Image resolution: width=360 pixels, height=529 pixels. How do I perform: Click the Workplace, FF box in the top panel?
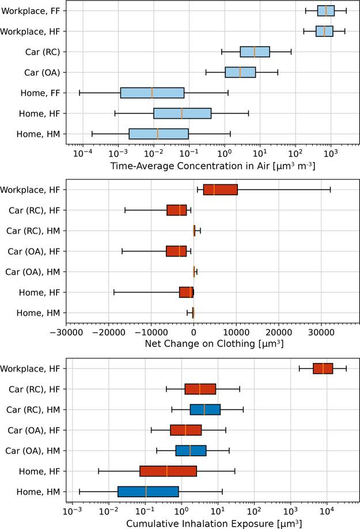[x=325, y=10]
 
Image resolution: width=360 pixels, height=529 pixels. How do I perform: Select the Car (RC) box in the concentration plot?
[x=255, y=52]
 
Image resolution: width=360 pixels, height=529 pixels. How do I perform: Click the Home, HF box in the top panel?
[x=182, y=114]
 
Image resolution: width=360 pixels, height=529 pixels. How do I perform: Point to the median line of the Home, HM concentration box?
[x=157, y=134]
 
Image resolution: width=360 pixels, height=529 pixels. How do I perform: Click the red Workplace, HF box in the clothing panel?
[x=220, y=190]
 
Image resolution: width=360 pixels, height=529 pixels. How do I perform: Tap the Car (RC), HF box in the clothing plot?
[x=177, y=210]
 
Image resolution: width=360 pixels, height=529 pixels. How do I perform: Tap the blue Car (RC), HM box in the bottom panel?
[x=205, y=409]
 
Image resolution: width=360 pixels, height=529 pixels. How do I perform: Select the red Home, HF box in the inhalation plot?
[x=168, y=471]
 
